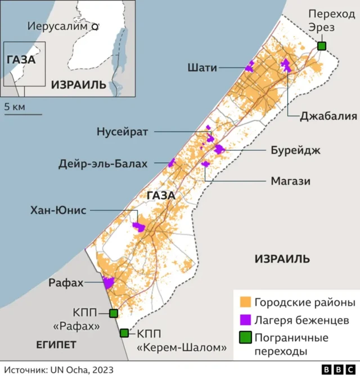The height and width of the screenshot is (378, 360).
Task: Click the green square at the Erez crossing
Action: point(321,46)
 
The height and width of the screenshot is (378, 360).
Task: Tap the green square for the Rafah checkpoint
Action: point(114,313)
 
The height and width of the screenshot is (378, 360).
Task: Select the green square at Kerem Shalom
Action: point(124,333)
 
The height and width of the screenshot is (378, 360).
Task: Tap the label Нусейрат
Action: point(121,132)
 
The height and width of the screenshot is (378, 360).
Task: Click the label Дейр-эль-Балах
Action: point(103,164)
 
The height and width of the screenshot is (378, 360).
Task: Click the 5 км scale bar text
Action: point(15,106)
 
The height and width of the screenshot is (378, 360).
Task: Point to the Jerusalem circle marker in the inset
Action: point(95,26)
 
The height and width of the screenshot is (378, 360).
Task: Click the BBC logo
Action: point(337,369)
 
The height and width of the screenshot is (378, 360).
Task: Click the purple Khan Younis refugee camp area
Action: point(138,227)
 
